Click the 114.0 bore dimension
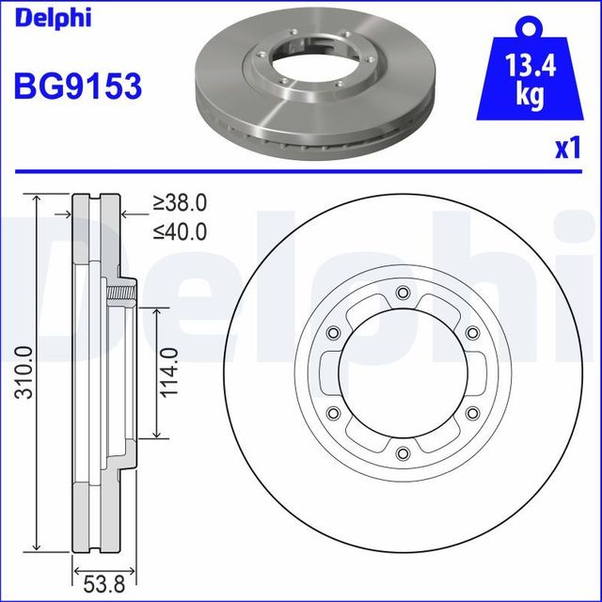[169, 372]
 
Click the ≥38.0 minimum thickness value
[181, 202]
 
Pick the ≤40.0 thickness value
[181, 230]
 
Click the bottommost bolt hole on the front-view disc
[403, 454]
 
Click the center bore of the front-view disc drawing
[403, 372]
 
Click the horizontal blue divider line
[301, 172]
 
